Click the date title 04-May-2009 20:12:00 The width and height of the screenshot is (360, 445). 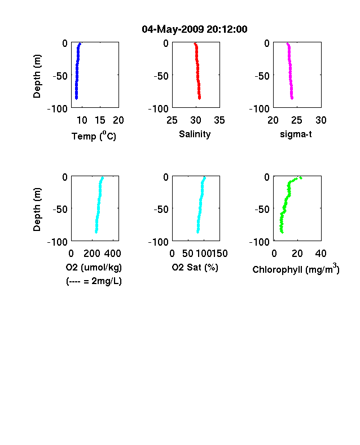[x=195, y=29]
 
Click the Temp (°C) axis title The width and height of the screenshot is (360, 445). [x=94, y=136]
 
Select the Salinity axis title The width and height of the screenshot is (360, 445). [x=195, y=134]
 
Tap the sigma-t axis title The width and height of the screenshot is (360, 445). [x=296, y=134]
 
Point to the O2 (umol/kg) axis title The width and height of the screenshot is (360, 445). [x=94, y=267]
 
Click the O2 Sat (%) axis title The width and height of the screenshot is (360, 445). [x=195, y=267]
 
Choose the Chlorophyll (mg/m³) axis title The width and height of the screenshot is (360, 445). [x=296, y=269]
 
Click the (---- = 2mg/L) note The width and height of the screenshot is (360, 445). [x=94, y=281]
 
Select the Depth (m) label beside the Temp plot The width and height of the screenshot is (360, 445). [x=37, y=76]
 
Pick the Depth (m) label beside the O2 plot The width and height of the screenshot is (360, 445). [x=37, y=210]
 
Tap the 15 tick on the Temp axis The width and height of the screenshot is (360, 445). [x=100, y=120]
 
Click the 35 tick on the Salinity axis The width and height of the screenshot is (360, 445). [x=219, y=120]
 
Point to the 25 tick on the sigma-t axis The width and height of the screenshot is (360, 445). [x=296, y=120]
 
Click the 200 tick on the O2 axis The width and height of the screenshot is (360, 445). [x=92, y=254]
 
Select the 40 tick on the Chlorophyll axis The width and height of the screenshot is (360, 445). [x=321, y=254]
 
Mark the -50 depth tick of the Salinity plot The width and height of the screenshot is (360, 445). [x=161, y=76]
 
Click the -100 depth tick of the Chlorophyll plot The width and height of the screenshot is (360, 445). [x=259, y=242]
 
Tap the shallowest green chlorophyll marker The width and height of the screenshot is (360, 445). [x=301, y=178]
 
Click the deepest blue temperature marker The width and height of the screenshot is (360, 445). [x=76, y=98]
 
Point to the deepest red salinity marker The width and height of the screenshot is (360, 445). [x=200, y=98]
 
